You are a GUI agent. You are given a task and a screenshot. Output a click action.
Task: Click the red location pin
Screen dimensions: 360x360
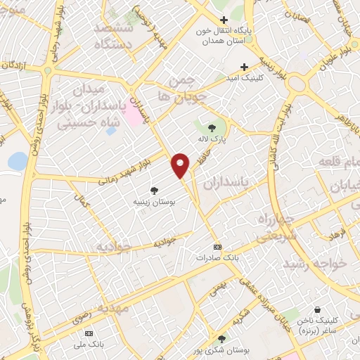click(181, 165)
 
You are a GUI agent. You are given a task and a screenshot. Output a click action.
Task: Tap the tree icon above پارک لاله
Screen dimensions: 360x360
click(212, 128)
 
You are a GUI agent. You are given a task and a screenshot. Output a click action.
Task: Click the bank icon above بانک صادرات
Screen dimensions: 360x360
click(217, 247)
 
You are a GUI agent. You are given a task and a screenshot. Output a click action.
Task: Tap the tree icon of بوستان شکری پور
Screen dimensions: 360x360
click(221, 339)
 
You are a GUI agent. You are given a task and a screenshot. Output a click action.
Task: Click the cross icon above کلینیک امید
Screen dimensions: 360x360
click(244, 66)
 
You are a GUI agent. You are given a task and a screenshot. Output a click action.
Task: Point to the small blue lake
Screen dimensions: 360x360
click(17, 162)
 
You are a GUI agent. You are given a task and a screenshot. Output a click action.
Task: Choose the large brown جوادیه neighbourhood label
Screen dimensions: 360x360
click(115, 247)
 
